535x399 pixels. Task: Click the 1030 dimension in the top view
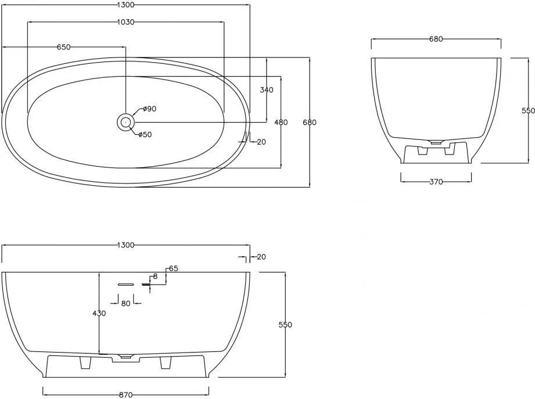point(125,22)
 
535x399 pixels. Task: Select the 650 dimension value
point(63,47)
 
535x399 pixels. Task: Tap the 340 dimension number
point(267,90)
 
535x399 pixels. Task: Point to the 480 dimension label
point(281,122)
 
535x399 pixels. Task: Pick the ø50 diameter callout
point(145,135)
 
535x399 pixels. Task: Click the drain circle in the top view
point(125,121)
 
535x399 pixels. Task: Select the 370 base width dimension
point(436,182)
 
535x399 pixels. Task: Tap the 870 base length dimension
point(125,395)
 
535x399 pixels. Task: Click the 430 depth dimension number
point(99,313)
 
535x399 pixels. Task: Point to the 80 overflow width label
point(125,303)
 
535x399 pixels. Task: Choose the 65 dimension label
point(173,268)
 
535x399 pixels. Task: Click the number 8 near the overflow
point(155,276)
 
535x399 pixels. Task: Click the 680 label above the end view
point(436,39)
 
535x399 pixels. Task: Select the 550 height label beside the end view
point(528,110)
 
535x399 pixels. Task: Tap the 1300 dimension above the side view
point(125,245)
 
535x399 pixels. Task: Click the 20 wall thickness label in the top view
point(261,142)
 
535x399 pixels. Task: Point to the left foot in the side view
point(85,363)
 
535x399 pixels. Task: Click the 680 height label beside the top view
point(310,122)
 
